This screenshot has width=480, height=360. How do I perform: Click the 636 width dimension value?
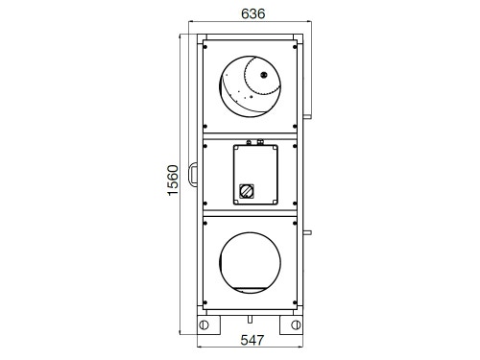tap(252, 14)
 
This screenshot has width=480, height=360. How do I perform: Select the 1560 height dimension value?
tap(174, 180)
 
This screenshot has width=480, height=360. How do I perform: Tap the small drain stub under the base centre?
tap(249, 313)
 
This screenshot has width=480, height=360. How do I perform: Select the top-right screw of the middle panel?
tap(292, 144)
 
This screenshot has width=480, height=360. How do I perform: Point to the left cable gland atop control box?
tap(248, 142)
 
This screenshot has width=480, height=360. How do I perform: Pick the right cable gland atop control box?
tap(261, 142)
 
